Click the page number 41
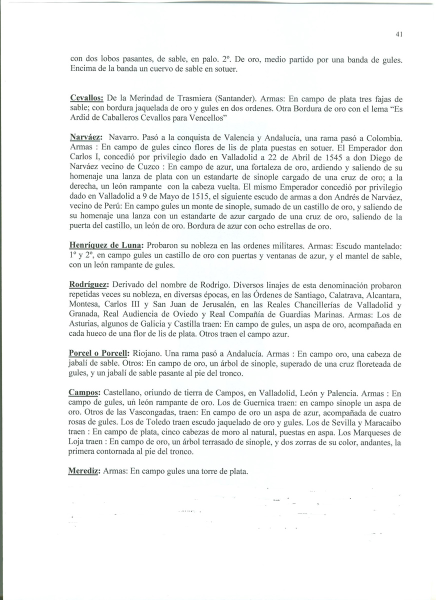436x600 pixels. (x=398, y=34)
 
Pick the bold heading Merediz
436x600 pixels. (x=84, y=471)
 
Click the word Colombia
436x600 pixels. (x=382, y=137)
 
